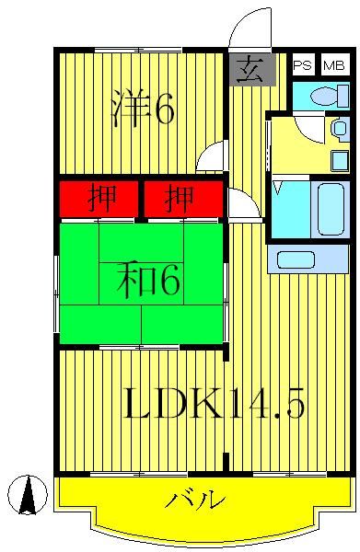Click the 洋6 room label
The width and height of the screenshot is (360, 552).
coord(143,109)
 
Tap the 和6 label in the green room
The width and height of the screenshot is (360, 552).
coord(148,280)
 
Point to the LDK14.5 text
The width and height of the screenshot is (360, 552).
coord(214,402)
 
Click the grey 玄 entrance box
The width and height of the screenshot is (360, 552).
coord(246,69)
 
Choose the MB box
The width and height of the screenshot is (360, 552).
coord(333,65)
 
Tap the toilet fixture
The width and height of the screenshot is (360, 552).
coord(327,95)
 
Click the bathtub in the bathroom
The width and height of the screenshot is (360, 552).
coord(331,209)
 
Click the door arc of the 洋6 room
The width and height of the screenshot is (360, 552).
coord(211,156)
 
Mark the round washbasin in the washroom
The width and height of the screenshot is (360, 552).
coord(339,129)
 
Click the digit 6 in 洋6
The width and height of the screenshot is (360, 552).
coord(164,109)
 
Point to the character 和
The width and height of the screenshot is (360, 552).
coord(134,280)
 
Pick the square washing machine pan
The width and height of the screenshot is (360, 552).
coord(340,159)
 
